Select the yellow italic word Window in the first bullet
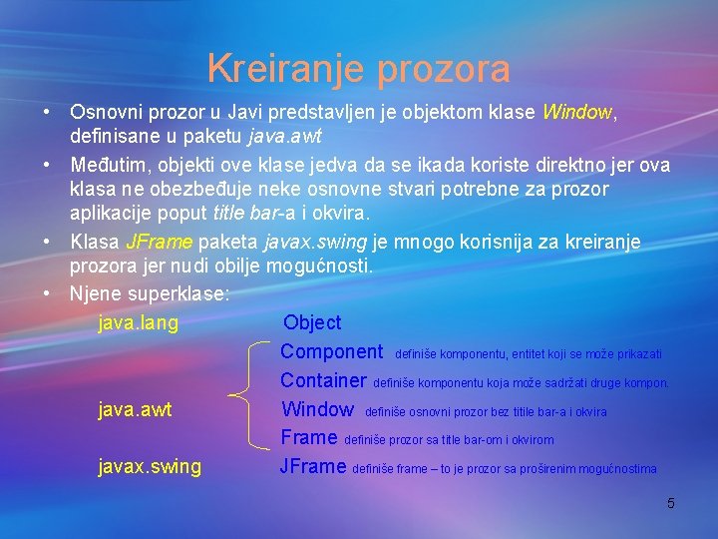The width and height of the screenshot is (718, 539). (577, 113)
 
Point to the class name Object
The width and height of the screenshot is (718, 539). (312, 322)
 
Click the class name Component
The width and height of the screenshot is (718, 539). (332, 351)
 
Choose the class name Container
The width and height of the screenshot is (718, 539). (324, 380)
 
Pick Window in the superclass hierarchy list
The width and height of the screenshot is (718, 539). (318, 409)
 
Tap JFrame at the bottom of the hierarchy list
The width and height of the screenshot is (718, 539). (313, 466)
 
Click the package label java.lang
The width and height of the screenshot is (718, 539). (139, 322)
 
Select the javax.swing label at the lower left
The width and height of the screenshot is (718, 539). (150, 466)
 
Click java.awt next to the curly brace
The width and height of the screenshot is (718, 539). (136, 409)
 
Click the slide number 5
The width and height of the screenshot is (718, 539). (670, 503)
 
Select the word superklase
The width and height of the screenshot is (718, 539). (179, 294)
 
